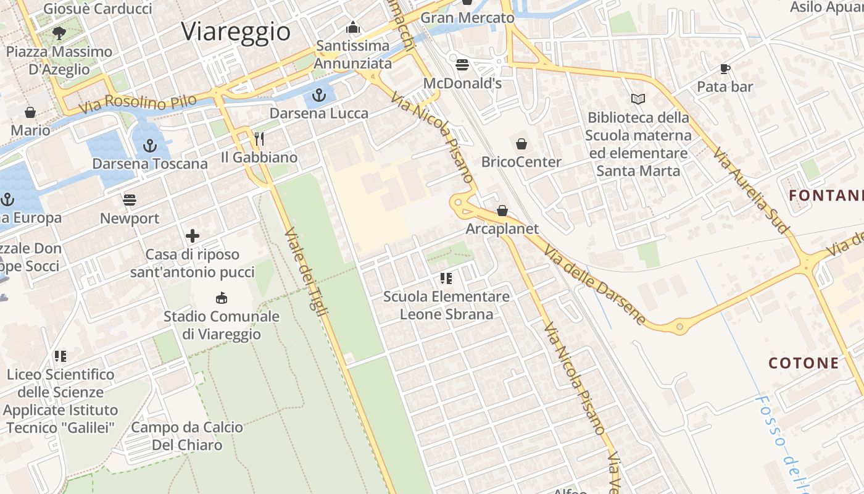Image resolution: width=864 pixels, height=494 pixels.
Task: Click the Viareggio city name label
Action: (236, 31)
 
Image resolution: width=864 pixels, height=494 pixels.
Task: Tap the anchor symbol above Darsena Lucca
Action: (319, 95)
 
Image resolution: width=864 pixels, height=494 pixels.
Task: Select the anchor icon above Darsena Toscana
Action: (149, 146)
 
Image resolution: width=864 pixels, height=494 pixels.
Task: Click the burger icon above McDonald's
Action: (462, 65)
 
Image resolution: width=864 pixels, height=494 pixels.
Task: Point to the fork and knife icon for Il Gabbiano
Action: (259, 139)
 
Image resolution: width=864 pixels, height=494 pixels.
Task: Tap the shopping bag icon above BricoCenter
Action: (521, 144)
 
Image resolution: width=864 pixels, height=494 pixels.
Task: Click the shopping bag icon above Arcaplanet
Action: (502, 211)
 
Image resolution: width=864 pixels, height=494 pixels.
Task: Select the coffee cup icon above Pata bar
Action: (725, 69)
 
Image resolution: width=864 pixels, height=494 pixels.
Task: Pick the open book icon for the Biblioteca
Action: (638, 99)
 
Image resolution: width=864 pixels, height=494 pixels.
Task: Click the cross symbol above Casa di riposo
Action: (193, 236)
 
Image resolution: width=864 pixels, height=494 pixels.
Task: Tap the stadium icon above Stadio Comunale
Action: (221, 298)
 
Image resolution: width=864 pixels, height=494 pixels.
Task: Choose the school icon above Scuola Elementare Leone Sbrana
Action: (446, 278)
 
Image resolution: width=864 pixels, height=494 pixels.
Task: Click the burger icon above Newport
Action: (130, 200)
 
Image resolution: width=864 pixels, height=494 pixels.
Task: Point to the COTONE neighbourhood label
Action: (804, 363)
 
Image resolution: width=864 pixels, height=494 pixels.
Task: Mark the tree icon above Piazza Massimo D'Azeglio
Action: (59, 33)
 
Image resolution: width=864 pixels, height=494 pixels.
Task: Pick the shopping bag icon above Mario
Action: (30, 112)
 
